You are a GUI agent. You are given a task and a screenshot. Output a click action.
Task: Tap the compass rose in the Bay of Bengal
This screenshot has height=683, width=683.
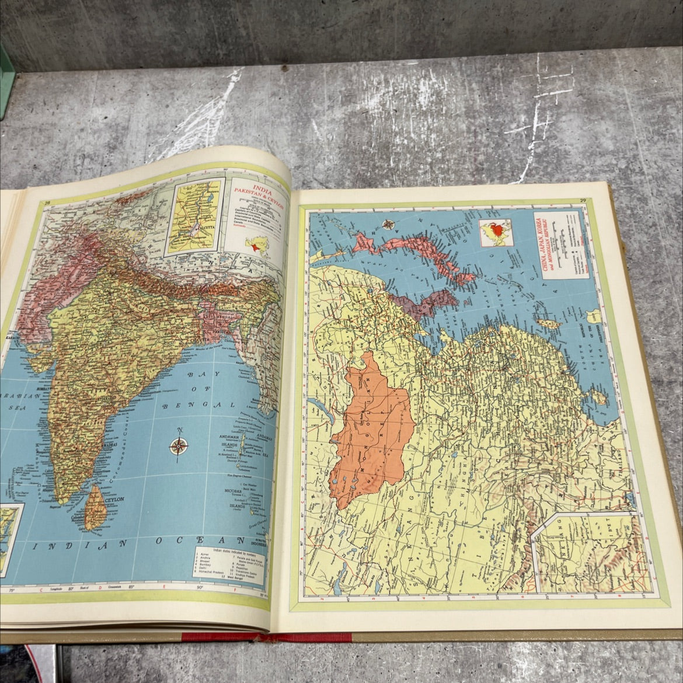[179, 447]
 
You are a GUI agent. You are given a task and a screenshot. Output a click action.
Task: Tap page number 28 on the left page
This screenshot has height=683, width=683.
[48, 203]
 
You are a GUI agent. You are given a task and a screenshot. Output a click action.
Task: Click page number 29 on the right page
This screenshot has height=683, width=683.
[582, 202]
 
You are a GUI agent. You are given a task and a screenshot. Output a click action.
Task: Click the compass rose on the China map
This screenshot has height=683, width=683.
[387, 223]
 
